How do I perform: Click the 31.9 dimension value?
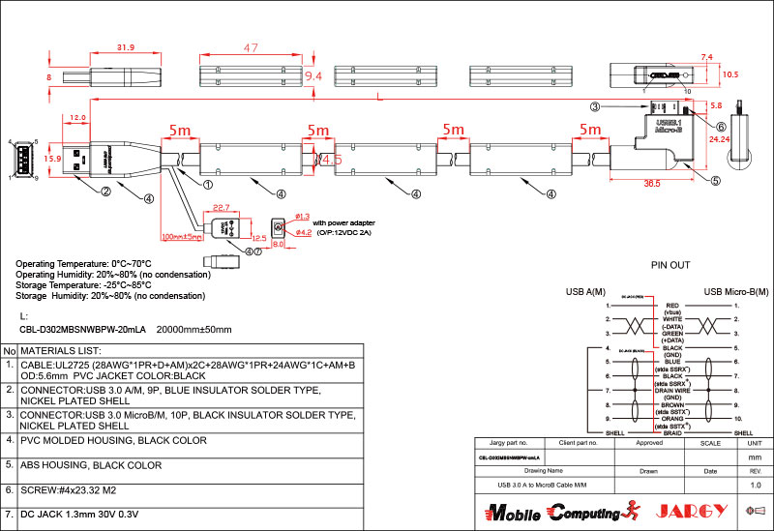tap(125, 46)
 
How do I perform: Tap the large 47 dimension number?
tap(251, 48)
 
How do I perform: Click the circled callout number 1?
tap(207, 180)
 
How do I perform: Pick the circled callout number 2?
tap(105, 192)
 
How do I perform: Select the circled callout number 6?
tap(722, 126)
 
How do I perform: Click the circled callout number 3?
tap(596, 106)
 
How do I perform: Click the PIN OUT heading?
tap(670, 262)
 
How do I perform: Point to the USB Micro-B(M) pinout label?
tap(738, 291)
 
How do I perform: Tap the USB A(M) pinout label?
tap(586, 291)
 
